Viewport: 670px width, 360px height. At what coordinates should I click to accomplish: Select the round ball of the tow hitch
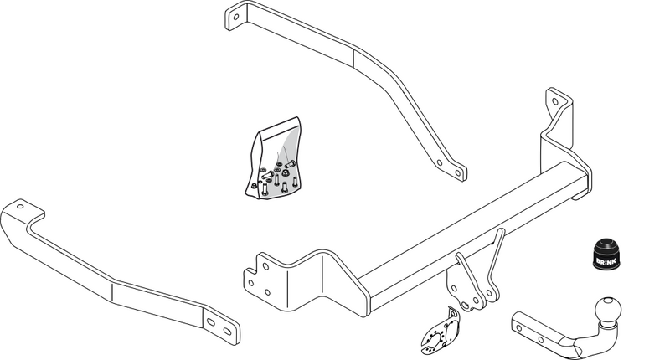click(607, 311)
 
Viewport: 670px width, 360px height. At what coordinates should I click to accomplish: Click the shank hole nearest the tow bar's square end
click(519, 328)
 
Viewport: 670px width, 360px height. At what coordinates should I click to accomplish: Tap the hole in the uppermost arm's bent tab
click(234, 17)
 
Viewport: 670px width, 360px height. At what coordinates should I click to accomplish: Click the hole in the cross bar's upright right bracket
click(555, 101)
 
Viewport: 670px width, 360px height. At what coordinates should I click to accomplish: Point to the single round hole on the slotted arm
click(20, 207)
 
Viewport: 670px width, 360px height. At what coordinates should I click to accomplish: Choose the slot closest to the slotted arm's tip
click(228, 332)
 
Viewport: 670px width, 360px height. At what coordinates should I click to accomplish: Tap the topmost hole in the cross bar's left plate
click(265, 266)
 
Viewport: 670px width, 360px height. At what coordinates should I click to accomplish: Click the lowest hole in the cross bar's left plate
click(267, 292)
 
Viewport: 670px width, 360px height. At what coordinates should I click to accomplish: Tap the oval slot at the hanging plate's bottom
click(466, 305)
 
